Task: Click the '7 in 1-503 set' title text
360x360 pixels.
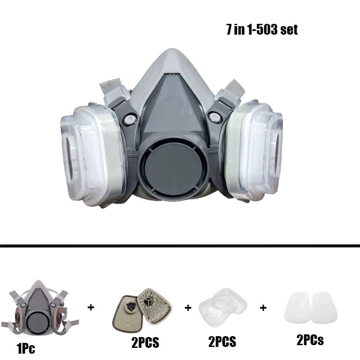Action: (x=262, y=30)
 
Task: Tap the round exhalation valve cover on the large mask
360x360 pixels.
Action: (x=174, y=169)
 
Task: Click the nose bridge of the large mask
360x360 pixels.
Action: (x=173, y=60)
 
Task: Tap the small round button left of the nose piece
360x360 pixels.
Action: (x=129, y=119)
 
